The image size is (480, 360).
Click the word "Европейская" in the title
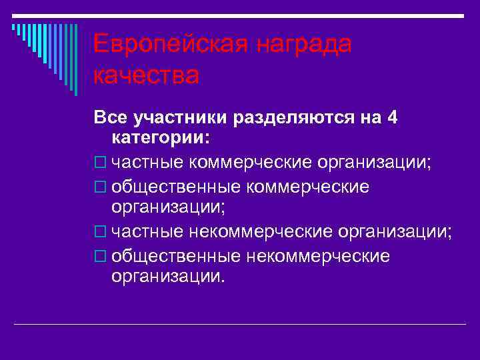coord(169,45)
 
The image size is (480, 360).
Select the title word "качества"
coord(146,75)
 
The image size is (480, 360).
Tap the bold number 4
coord(392,117)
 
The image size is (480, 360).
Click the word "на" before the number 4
coord(369,117)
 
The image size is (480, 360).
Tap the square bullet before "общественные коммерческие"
coord(100,187)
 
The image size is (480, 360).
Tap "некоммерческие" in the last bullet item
coord(318,256)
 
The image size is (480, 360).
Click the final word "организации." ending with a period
coord(169,276)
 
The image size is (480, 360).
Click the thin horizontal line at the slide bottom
coord(240,325)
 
